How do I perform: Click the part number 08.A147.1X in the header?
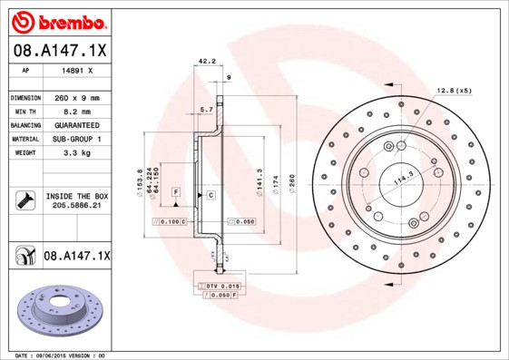pyautogui.click(x=60, y=51)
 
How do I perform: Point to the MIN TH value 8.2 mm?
pyautogui.click(x=75, y=111)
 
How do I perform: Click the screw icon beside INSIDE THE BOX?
pyautogui.click(x=25, y=200)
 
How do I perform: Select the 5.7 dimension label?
pyautogui.click(x=206, y=110)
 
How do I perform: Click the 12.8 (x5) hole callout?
pyautogui.click(x=454, y=91)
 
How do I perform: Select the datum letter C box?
pyautogui.click(x=210, y=195)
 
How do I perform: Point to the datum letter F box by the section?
pyautogui.click(x=175, y=192)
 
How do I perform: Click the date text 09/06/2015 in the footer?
pyautogui.click(x=62, y=355)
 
